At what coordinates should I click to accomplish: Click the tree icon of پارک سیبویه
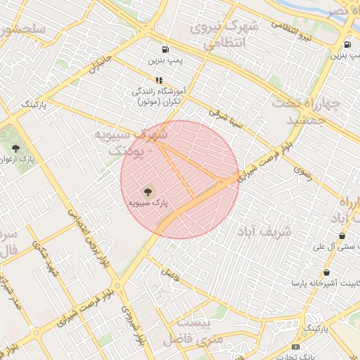[148, 191]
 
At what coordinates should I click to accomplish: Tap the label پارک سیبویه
[148, 202]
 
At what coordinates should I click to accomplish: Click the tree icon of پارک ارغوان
[15, 148]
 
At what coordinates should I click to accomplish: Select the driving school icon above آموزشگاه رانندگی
[159, 80]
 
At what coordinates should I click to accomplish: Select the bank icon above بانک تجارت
[295, 347]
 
